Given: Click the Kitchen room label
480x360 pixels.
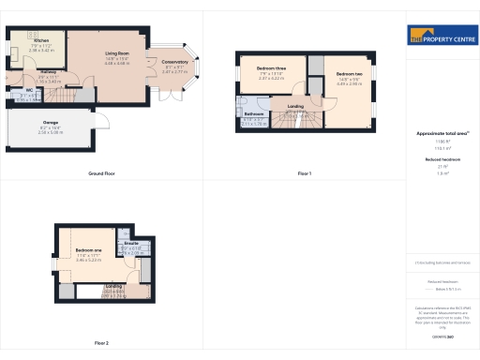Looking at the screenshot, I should (x=41, y=41).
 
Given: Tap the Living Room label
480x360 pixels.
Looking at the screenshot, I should (x=117, y=54).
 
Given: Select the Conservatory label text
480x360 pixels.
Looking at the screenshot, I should (x=175, y=62).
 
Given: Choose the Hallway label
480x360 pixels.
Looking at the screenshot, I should (x=49, y=73).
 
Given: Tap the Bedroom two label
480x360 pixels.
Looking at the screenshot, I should (x=349, y=74).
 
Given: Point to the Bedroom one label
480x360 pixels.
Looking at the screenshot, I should (x=88, y=249).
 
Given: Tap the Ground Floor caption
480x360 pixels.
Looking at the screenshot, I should (x=101, y=174).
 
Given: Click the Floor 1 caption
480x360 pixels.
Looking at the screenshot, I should (x=304, y=174).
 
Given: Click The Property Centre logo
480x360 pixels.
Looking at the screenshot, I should (x=442, y=37).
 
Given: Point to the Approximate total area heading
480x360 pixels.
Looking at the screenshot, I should (x=441, y=134).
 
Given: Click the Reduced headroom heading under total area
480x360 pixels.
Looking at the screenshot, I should (x=441, y=160).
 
